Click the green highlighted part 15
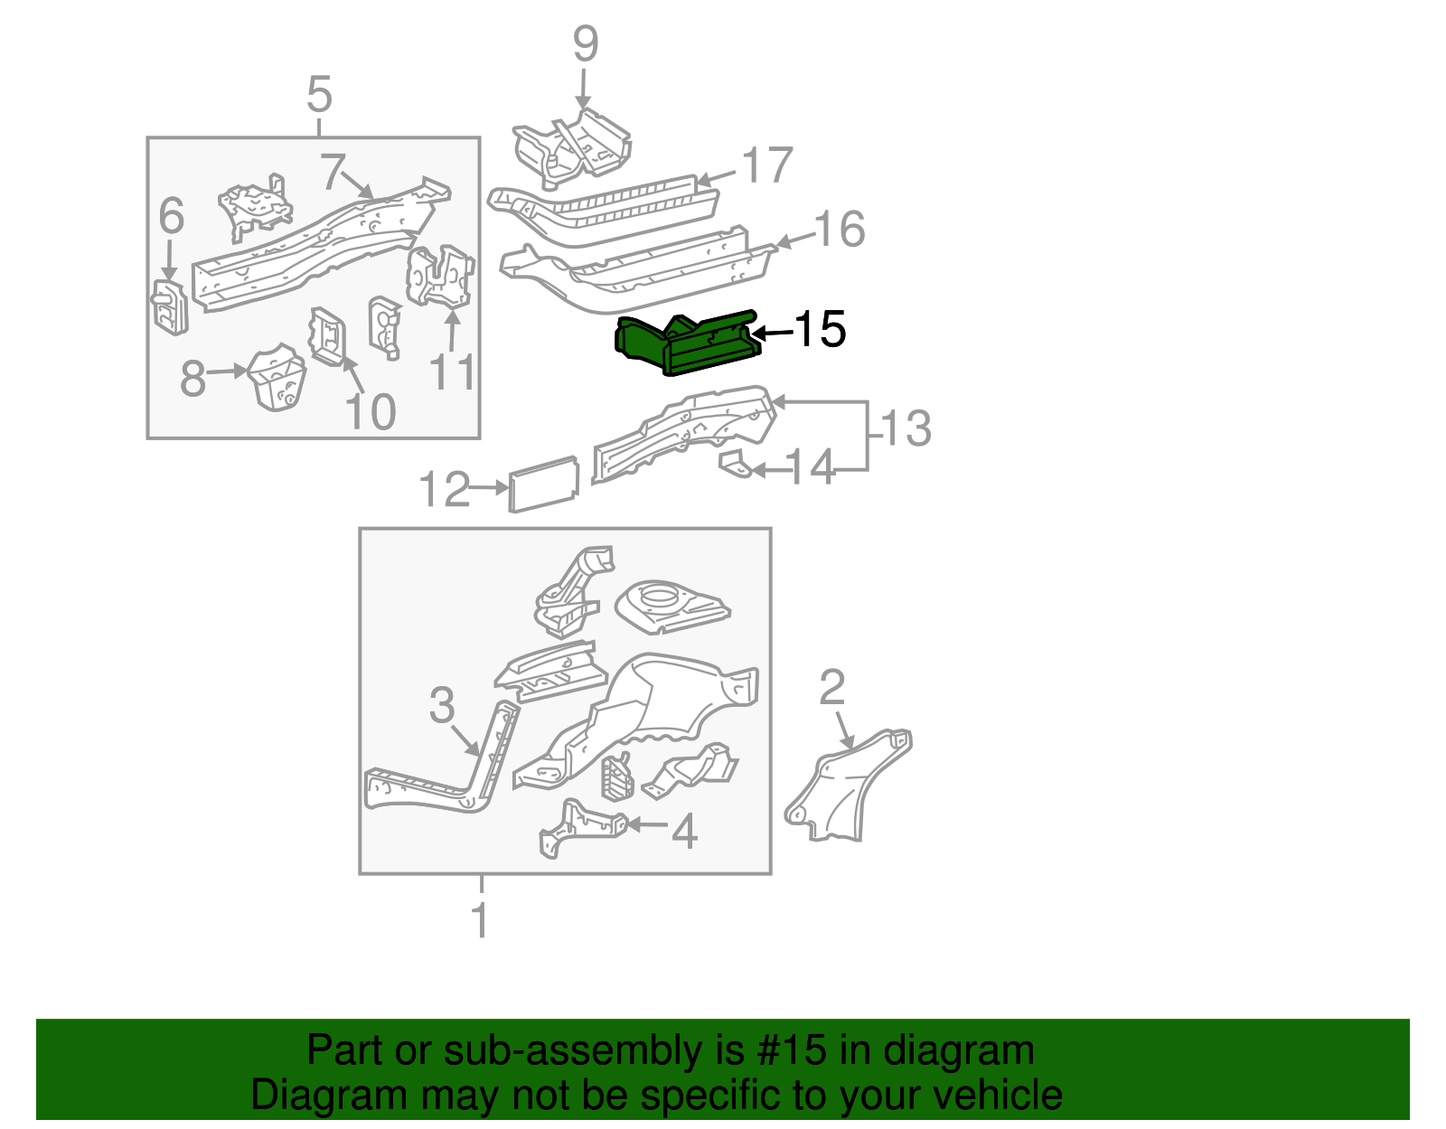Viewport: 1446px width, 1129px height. point(687,344)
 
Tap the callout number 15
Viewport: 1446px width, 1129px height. point(820,329)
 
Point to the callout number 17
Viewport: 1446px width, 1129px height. point(767,166)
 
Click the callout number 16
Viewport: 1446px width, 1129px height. point(840,230)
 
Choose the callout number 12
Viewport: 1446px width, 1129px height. point(445,490)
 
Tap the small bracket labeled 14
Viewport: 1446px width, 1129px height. point(735,465)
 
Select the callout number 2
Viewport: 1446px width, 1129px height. point(831,688)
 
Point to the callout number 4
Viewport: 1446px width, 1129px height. point(684,832)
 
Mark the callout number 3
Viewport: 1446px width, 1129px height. point(441,705)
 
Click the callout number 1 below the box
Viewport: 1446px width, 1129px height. point(481,921)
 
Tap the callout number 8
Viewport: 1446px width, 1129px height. point(192,379)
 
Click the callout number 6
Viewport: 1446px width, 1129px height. point(171,217)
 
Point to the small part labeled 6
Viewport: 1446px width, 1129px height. point(169,306)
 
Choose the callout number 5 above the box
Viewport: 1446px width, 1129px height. point(320,95)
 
